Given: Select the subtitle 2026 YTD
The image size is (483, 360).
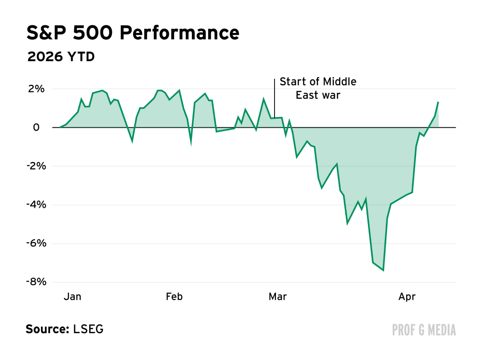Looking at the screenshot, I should [x=61, y=57].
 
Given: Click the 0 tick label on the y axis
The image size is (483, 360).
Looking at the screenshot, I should [x=36, y=128].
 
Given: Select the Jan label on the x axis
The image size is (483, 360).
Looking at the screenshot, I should [x=72, y=296].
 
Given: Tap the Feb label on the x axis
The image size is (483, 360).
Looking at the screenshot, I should [x=174, y=296].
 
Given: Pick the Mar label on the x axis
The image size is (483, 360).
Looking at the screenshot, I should [x=278, y=296].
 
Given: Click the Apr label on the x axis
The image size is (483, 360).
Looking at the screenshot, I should [x=407, y=296].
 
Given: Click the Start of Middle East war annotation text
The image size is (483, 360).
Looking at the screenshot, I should [x=318, y=88].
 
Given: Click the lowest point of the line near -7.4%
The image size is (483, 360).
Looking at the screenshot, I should [x=383, y=270].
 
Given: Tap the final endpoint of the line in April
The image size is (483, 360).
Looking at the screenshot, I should [x=438, y=102].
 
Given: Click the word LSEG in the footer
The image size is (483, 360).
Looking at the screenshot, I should [x=88, y=329].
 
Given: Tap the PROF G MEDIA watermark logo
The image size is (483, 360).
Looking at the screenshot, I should [x=424, y=330].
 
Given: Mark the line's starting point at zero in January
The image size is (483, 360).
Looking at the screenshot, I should [x=59, y=127].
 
